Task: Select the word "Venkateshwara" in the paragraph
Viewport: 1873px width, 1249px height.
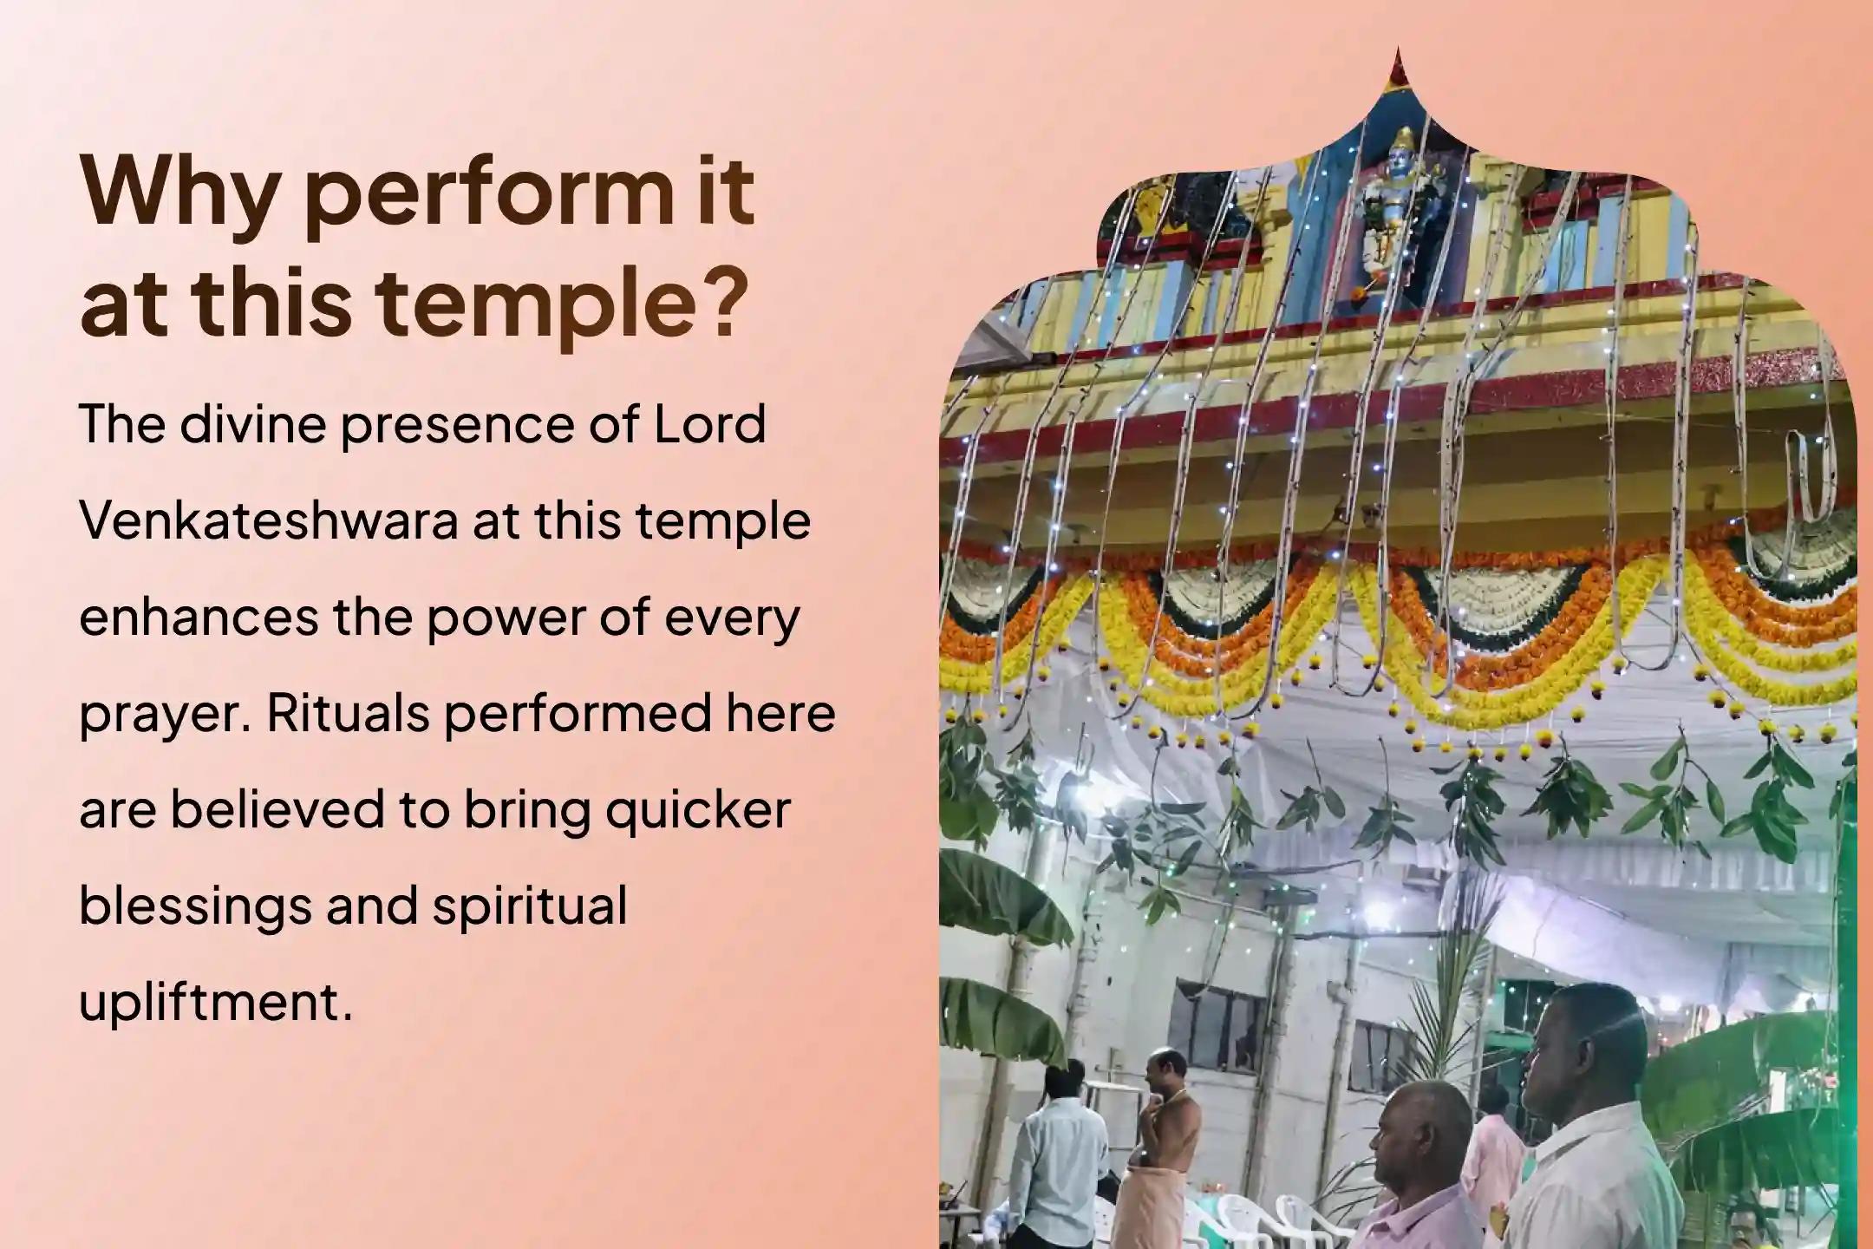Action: [x=268, y=521]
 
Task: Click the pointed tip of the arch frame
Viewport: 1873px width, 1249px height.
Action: [x=1397, y=56]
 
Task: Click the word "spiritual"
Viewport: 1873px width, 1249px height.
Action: [x=529, y=906]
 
